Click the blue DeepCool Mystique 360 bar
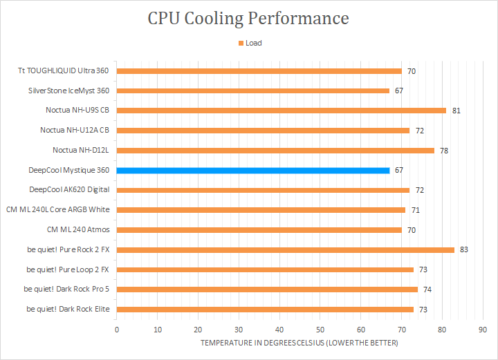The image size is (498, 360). [253, 170]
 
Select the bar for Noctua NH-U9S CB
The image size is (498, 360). [282, 110]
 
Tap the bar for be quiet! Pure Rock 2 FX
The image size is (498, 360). [286, 249]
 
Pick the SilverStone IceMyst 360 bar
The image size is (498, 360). [253, 91]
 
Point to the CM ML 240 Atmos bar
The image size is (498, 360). [259, 229]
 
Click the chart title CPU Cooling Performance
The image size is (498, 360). [248, 18]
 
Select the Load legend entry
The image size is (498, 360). [250, 43]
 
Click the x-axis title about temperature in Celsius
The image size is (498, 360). [299, 343]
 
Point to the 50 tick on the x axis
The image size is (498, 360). [320, 330]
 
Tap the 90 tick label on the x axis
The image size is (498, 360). [483, 330]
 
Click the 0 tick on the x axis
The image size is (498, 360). [117, 330]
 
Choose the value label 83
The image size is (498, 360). [464, 249]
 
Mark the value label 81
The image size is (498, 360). [456, 111]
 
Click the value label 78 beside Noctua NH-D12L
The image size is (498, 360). [444, 151]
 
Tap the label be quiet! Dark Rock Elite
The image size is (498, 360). [68, 309]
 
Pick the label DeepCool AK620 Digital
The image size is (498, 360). [69, 190]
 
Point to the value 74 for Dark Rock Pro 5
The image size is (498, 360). [427, 290]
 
